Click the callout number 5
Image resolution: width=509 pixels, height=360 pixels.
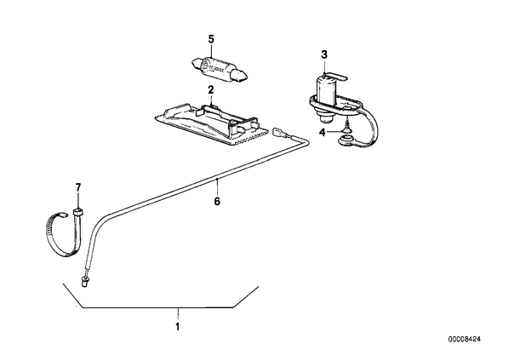(x=211, y=40)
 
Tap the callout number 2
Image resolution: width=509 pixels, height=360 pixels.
(x=211, y=90)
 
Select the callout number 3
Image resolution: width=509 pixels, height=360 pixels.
(x=324, y=54)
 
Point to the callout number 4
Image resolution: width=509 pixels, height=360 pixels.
(x=322, y=133)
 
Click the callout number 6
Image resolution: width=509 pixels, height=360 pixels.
(x=217, y=201)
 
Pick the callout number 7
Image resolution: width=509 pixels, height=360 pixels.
(x=78, y=187)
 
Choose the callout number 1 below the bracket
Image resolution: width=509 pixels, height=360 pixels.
(x=177, y=326)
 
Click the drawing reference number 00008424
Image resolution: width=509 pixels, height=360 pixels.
(x=465, y=340)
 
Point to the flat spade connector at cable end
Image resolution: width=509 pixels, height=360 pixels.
(x=280, y=133)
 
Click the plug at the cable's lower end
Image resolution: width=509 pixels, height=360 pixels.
(x=85, y=281)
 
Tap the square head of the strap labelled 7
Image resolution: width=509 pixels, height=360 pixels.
(x=78, y=212)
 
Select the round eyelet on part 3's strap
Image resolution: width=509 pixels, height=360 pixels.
(x=345, y=141)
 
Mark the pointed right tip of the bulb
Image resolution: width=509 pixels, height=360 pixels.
(x=248, y=77)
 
